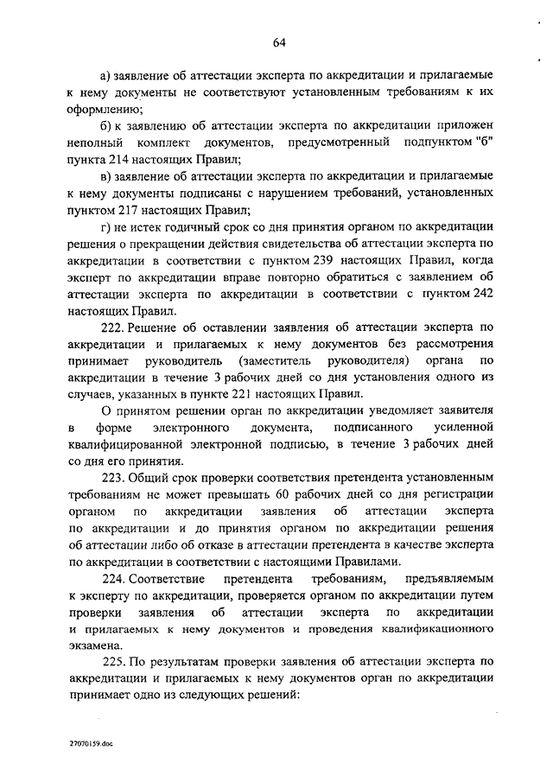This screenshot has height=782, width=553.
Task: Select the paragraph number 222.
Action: [x=113, y=327]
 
